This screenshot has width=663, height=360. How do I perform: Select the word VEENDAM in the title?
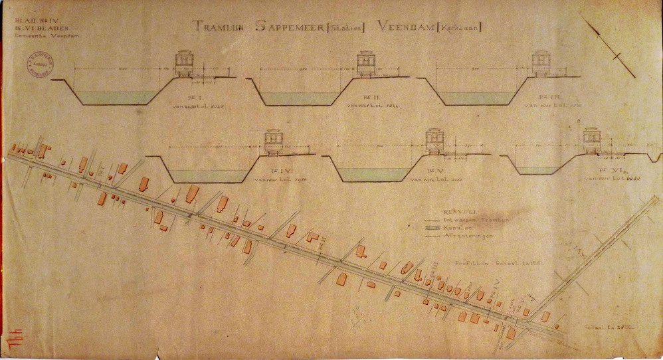(405, 27)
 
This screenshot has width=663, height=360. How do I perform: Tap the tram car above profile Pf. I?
(185, 64)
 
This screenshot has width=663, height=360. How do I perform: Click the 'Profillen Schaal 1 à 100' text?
(490, 263)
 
